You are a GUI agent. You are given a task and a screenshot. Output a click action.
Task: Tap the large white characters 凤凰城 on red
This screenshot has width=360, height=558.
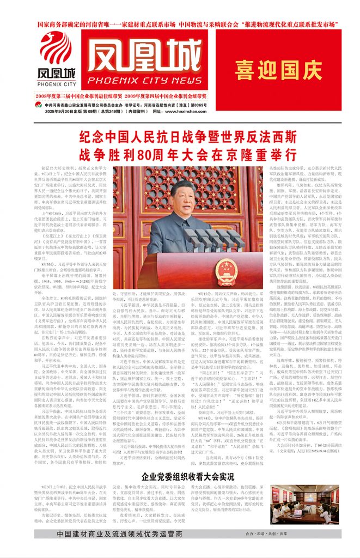(x=144, y=59)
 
